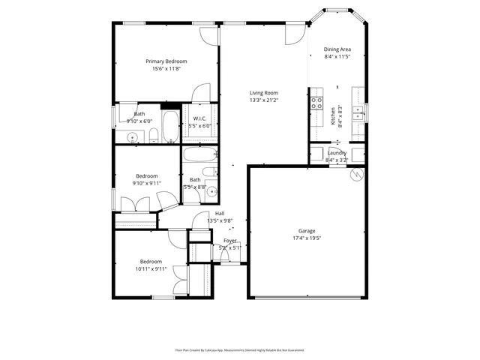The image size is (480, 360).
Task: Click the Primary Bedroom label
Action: tap(166, 61)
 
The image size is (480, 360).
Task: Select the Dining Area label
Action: tap(337, 49)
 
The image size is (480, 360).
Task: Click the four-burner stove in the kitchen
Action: tap(317, 103)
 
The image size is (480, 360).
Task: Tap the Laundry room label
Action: tap(337, 153)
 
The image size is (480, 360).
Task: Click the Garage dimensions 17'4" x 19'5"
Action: tap(306, 238)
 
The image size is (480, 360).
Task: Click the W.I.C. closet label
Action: tap(200, 118)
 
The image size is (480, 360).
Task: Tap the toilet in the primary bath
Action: tap(153, 135)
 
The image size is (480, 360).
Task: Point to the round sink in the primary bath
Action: tap(132, 136)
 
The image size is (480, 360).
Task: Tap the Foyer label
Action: tap(229, 241)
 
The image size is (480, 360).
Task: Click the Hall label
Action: tap(220, 214)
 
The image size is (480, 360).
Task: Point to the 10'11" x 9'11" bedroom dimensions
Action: tap(151, 268)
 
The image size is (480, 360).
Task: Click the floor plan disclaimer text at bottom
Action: tap(239, 349)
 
